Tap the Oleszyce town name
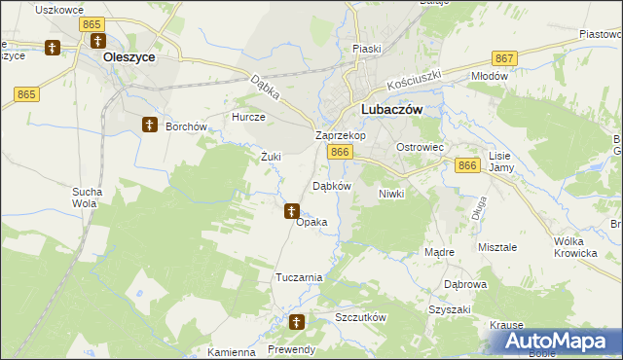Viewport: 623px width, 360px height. coord(129,57)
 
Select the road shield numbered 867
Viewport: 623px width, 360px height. coord(504,58)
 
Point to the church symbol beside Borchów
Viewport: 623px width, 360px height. coord(149,125)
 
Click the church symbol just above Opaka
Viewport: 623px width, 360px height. coord(291,209)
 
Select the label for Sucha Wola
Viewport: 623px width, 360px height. coord(85,198)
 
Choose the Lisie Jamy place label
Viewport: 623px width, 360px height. coord(500,162)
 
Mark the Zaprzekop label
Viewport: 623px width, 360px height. coord(340,136)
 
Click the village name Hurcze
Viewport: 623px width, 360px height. coord(247,117)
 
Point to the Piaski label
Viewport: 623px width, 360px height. coord(367,48)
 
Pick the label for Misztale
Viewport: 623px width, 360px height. coord(497,247)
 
